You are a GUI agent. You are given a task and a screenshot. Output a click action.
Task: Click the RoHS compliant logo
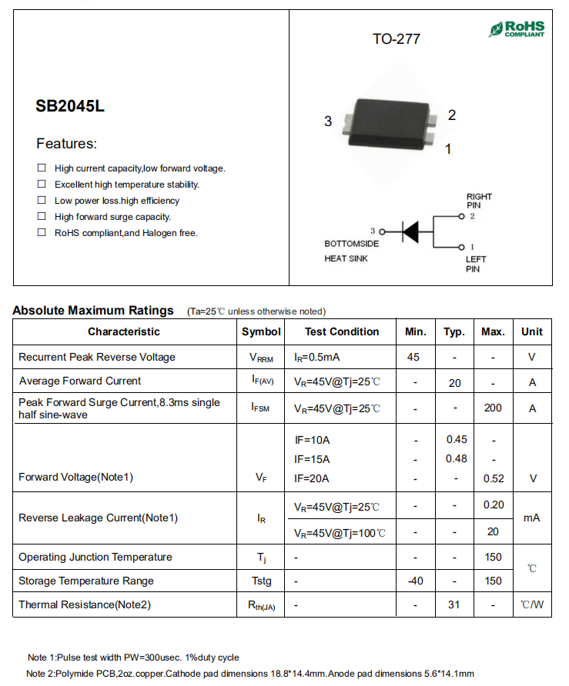click(517, 29)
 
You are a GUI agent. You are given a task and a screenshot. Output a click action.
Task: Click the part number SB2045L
click(70, 107)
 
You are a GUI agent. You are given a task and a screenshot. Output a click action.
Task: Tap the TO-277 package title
click(397, 38)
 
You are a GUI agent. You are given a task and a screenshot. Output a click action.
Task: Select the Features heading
click(67, 144)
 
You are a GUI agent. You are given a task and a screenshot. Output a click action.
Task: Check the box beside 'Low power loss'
click(42, 200)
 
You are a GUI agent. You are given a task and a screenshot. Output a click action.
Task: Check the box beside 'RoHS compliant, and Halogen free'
click(42, 232)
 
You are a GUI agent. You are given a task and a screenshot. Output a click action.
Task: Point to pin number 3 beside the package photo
click(328, 122)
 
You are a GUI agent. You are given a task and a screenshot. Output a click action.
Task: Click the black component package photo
click(389, 123)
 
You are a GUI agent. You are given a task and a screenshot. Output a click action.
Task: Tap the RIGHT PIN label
click(479, 201)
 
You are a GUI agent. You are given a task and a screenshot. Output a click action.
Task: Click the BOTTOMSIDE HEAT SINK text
click(351, 251)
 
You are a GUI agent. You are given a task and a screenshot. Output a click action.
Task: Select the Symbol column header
click(261, 331)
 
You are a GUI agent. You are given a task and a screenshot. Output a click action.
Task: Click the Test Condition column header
click(342, 331)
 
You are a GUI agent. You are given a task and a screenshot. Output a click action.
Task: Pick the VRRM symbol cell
click(261, 358)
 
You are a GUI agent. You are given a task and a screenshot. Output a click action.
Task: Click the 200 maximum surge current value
click(493, 408)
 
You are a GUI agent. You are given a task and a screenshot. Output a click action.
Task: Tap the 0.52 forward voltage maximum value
click(494, 478)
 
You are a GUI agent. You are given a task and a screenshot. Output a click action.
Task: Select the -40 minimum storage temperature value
click(415, 581)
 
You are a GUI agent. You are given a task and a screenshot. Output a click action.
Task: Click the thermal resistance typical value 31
click(454, 604)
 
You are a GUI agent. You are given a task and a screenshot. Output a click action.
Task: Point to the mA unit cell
click(531, 518)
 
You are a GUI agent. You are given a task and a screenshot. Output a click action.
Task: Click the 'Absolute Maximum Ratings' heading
click(93, 311)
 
